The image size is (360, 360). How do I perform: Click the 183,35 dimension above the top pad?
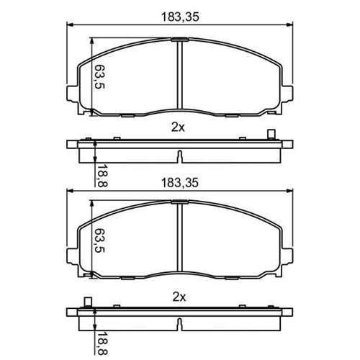tap(180, 17)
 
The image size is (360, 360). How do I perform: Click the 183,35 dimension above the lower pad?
tap(180, 183)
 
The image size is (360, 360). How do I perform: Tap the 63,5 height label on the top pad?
tap(99, 77)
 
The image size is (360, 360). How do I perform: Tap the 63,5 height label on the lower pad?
tap(99, 240)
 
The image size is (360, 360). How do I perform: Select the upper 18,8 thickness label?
tap(103, 176)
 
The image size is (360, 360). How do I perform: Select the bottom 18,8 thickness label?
tap(103, 343)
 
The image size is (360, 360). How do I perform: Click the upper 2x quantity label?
tap(178, 127)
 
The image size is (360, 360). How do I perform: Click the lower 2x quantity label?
tap(179, 297)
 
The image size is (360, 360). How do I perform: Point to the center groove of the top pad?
tap(180, 75)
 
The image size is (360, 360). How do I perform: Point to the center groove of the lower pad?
tap(180, 238)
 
